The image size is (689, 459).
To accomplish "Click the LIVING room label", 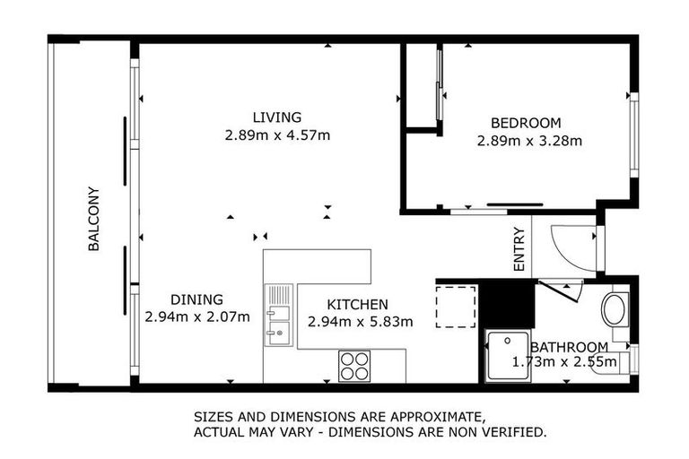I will point(276,117).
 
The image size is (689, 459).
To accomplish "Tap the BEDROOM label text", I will point(525,123).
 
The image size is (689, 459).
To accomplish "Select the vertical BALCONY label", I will point(93,218).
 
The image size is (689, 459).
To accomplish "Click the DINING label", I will point(196,299).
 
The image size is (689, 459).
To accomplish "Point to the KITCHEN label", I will point(357,305).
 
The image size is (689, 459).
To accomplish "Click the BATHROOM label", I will point(568,347).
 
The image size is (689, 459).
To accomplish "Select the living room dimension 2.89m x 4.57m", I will point(277,135).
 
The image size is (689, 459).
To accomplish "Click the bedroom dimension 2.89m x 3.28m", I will point(529,141).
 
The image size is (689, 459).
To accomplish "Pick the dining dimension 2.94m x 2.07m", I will point(196,316).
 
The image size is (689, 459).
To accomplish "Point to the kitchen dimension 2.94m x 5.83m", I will point(359,321).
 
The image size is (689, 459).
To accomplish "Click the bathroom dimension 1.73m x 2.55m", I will point(564,362).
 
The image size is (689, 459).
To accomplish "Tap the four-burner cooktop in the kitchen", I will point(355,365).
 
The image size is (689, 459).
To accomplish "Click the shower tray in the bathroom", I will point(507,357).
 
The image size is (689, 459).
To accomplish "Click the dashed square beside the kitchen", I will point(455,307).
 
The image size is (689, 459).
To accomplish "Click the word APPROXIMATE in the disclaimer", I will point(429,417).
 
